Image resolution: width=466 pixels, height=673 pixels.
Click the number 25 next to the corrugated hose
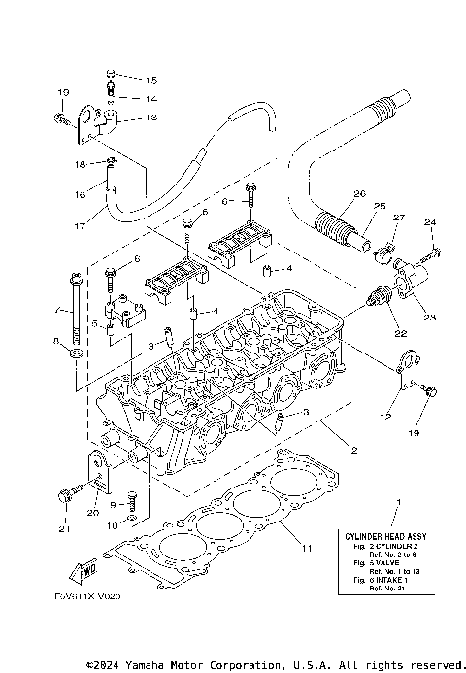(x=352, y=206)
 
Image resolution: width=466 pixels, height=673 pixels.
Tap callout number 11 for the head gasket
(x=306, y=550)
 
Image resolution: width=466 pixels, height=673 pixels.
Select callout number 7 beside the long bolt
(x=58, y=312)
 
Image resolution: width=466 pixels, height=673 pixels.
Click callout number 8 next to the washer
(x=58, y=340)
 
